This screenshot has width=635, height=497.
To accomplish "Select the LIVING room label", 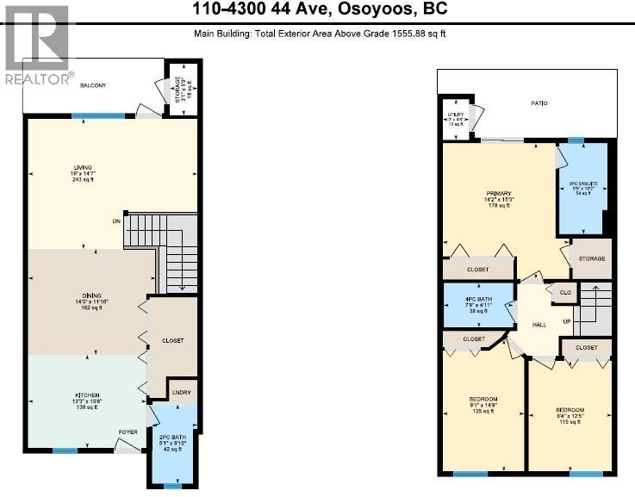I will (83, 167).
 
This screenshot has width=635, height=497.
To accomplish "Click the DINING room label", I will (83, 301).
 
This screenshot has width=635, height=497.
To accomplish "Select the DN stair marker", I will (116, 221).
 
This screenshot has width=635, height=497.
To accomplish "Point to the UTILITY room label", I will (455, 115).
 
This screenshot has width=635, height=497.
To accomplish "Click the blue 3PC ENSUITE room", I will (583, 188).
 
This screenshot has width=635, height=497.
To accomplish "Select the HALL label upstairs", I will (539, 324).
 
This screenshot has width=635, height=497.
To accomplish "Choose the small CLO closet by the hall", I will (565, 293).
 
